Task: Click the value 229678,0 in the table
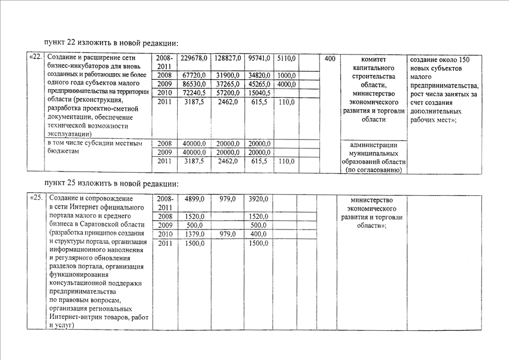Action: point(193,58)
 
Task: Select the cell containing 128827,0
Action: point(228,58)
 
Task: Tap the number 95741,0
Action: point(259,58)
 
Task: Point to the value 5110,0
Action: point(286,58)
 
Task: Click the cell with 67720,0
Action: point(193,75)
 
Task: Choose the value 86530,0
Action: point(193,84)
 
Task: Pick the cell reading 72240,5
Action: point(193,93)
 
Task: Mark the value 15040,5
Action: point(259,93)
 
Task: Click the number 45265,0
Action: point(259,84)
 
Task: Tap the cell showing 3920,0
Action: point(258,199)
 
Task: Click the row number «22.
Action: point(35,58)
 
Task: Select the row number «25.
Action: point(35,199)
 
